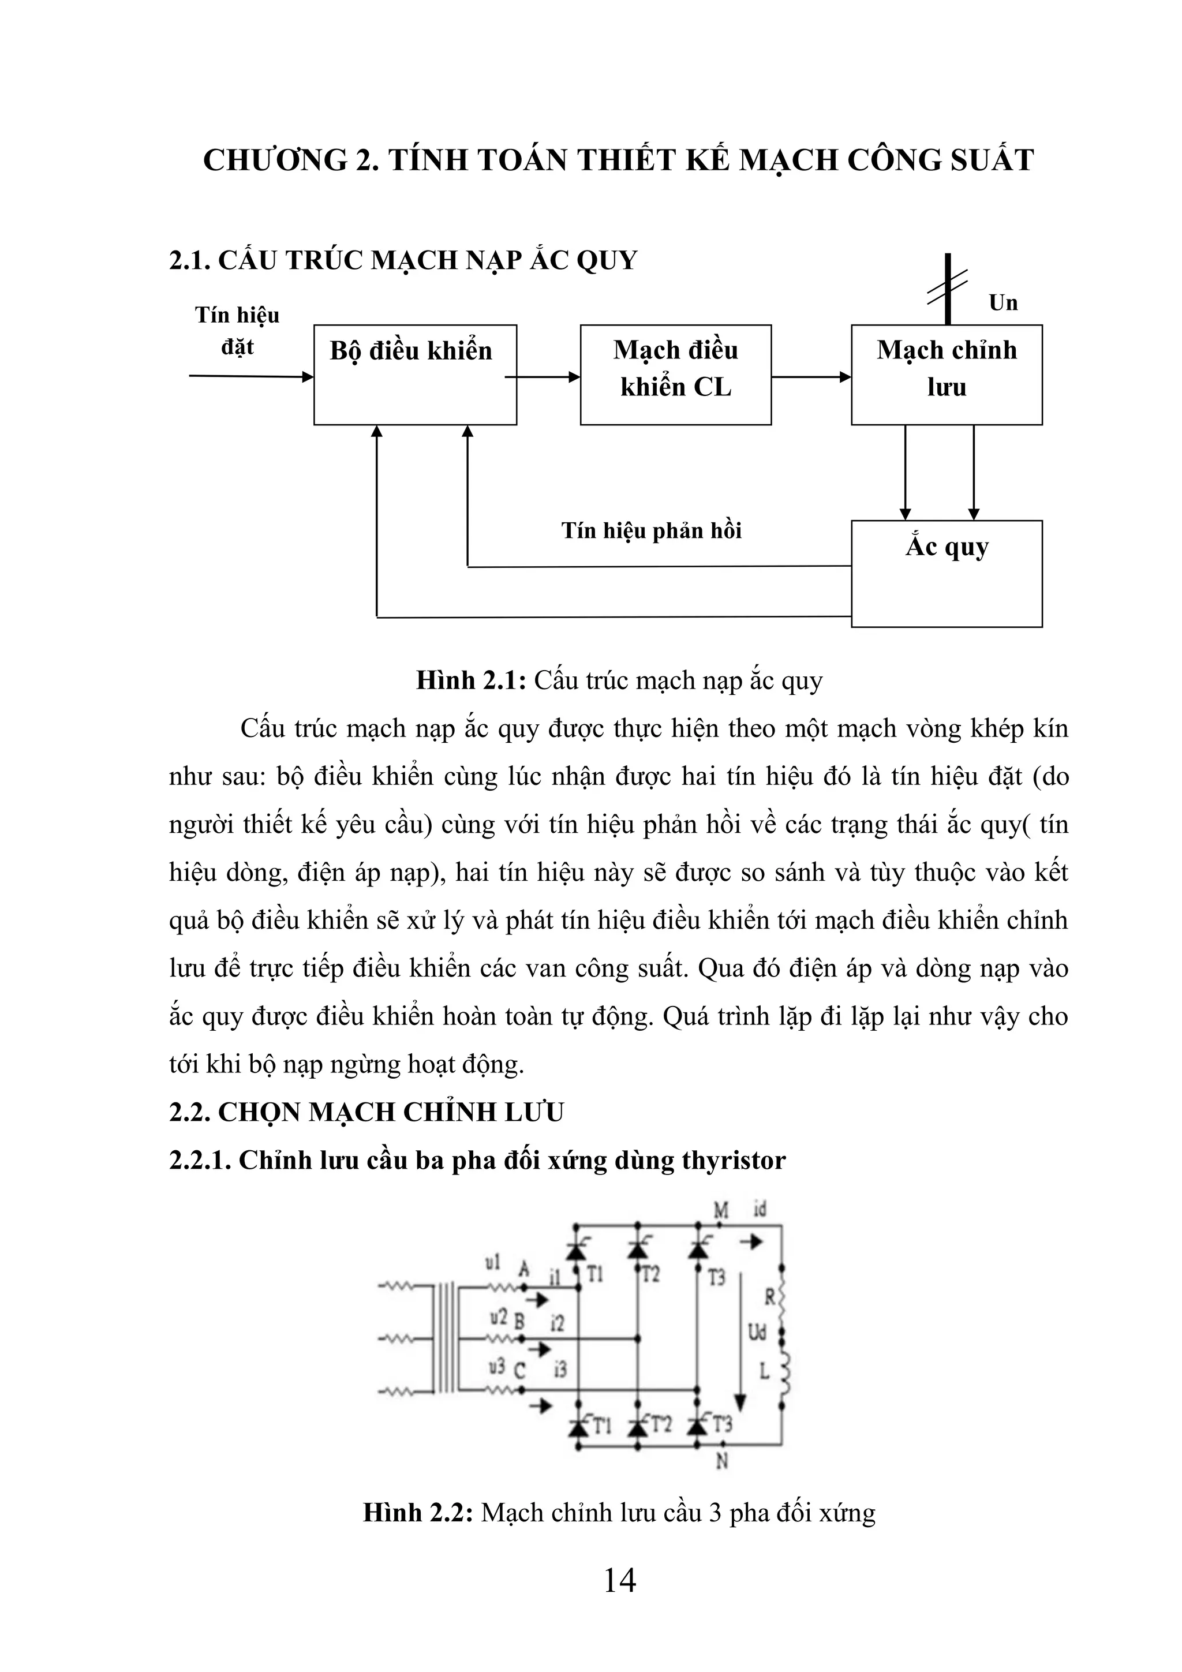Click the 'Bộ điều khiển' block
414,375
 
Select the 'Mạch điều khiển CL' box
675,375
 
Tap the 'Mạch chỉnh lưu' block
946,375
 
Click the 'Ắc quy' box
946,573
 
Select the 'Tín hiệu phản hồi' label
651,530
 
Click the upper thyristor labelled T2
637,1249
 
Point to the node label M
720,1211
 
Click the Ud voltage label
757,1333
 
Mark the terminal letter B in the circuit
519,1321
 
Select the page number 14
620,1580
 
